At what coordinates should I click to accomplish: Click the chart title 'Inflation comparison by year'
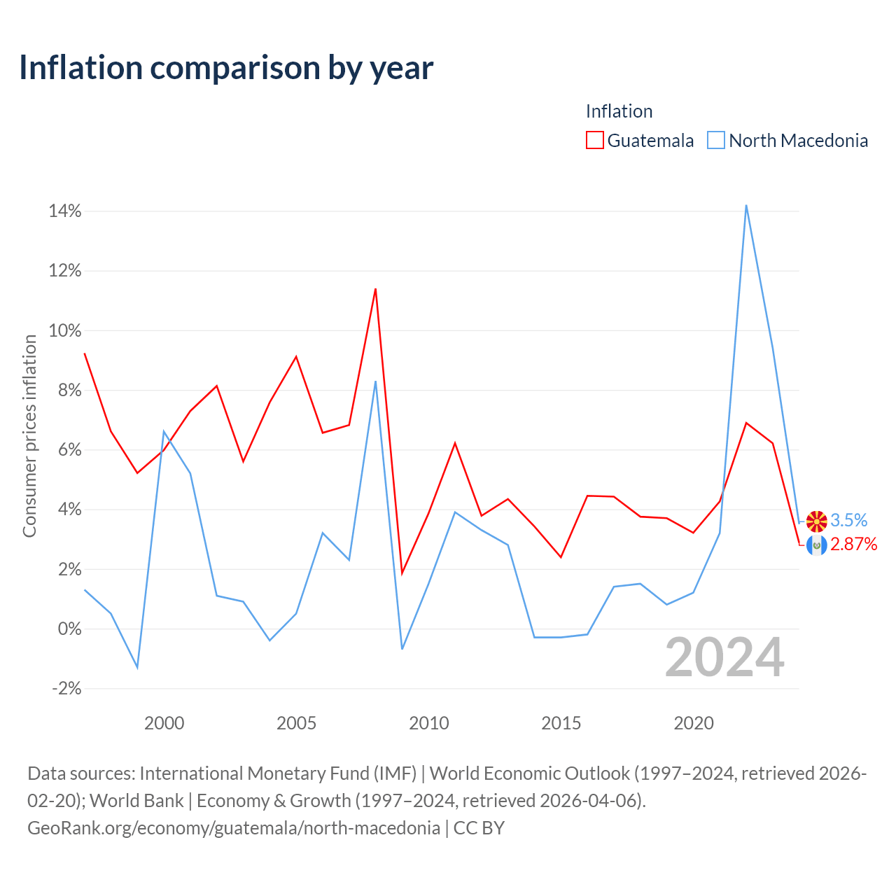pyautogui.click(x=226, y=68)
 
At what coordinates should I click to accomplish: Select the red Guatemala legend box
pyautogui.click(x=595, y=140)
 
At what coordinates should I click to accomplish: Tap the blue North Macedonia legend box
pyautogui.click(x=715, y=140)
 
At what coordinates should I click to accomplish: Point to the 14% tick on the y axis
pyautogui.click(x=65, y=211)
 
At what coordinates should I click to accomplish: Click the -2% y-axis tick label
pyautogui.click(x=66, y=688)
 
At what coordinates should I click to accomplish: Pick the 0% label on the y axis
pyautogui.click(x=70, y=629)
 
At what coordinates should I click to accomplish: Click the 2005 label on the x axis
pyautogui.click(x=296, y=723)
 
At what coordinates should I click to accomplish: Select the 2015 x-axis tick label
pyautogui.click(x=561, y=723)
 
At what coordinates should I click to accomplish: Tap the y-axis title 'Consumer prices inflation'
pyautogui.click(x=29, y=436)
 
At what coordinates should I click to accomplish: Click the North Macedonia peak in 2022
pyautogui.click(x=745, y=206)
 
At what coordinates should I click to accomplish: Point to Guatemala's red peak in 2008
pyautogui.click(x=375, y=289)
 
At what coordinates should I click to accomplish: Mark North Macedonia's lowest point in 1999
pyautogui.click(x=137, y=668)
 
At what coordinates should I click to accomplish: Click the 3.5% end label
pyautogui.click(x=848, y=520)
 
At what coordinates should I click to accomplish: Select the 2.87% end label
pyautogui.click(x=854, y=544)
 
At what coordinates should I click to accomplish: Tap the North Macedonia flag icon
pyautogui.click(x=816, y=521)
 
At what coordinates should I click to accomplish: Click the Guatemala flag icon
pyautogui.click(x=816, y=545)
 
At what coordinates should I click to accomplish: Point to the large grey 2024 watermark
pyautogui.click(x=724, y=657)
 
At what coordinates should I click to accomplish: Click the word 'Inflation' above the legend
pyautogui.click(x=619, y=111)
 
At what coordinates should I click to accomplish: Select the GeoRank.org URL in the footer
pyautogui.click(x=233, y=828)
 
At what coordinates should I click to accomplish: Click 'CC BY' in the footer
pyautogui.click(x=479, y=827)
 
